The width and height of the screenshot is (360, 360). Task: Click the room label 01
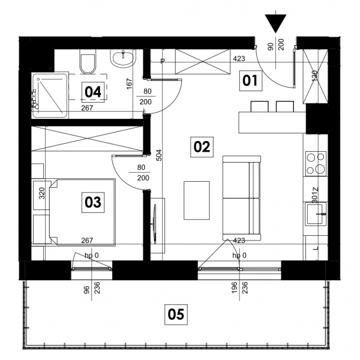[250, 81]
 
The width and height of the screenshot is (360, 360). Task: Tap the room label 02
[202, 147]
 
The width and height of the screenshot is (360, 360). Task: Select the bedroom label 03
[93, 202]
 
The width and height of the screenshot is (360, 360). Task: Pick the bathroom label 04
[93, 92]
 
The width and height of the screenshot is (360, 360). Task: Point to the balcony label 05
[176, 314]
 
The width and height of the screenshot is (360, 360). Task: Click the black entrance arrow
[275, 23]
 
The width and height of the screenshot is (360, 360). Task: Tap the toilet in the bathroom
[87, 62]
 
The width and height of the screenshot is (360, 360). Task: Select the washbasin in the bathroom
[123, 58]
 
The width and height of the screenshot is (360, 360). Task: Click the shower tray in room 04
[50, 95]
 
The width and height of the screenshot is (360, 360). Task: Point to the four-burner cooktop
[316, 164]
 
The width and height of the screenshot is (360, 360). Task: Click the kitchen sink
[316, 214]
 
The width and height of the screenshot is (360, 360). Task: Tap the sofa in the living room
[242, 198]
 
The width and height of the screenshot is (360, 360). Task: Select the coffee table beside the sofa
[197, 200]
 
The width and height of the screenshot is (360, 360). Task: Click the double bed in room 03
[82, 212]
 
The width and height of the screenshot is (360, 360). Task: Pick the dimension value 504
[159, 155]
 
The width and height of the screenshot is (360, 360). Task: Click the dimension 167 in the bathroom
[130, 84]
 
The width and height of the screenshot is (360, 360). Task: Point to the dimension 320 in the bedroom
[41, 193]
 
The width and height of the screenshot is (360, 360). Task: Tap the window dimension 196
[234, 287]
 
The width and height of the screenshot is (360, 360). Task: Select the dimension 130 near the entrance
[314, 76]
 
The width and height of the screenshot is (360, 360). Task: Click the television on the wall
[155, 224]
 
